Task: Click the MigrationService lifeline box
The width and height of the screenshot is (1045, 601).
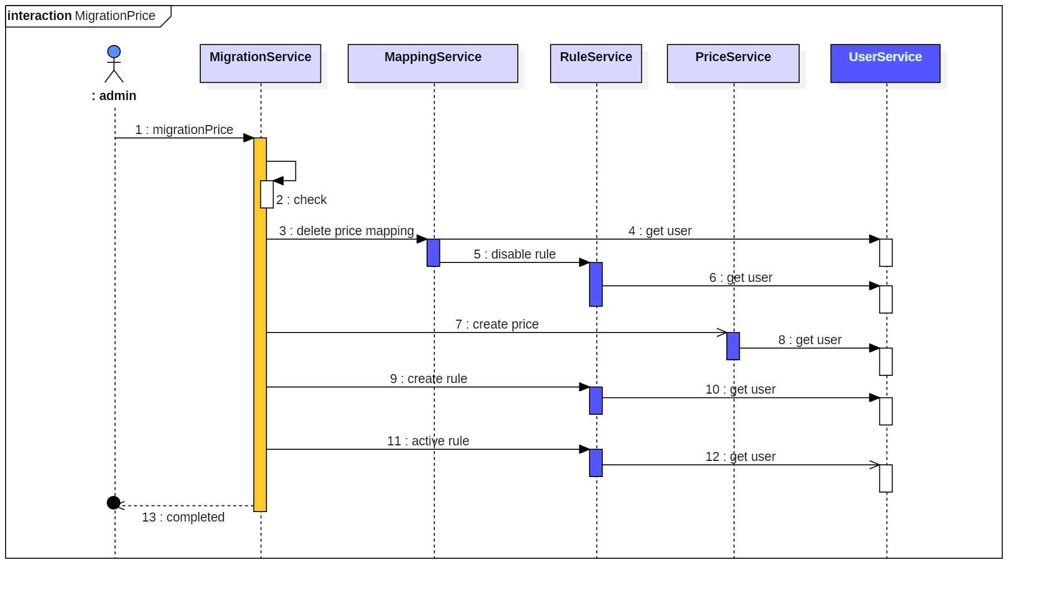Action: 260,63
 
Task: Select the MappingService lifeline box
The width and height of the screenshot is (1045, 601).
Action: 433,63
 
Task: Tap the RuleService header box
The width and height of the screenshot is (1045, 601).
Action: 596,63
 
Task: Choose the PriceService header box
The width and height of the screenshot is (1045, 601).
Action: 733,63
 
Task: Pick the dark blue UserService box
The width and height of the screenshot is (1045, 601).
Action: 885,63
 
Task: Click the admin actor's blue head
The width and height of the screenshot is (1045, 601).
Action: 114,52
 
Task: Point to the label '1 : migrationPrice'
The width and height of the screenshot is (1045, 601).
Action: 184,130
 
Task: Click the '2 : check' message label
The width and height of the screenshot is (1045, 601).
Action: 301,200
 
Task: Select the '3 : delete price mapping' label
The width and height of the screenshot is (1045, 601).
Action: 346,231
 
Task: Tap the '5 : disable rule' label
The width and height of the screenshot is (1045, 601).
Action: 514,254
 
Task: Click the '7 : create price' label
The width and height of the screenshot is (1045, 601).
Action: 497,324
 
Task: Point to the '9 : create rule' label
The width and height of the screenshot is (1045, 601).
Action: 428,379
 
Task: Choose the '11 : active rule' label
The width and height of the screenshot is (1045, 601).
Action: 428,441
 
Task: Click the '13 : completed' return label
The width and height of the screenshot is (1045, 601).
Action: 183,517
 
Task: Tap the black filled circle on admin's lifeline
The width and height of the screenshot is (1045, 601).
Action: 113,503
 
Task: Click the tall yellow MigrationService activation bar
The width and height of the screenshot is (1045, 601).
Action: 260,334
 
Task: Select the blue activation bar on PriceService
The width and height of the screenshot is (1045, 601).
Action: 733,346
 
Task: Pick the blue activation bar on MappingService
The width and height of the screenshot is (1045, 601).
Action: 433,252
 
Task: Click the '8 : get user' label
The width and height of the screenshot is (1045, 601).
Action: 810,340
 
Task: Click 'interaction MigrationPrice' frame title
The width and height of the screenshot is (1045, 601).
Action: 81,16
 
